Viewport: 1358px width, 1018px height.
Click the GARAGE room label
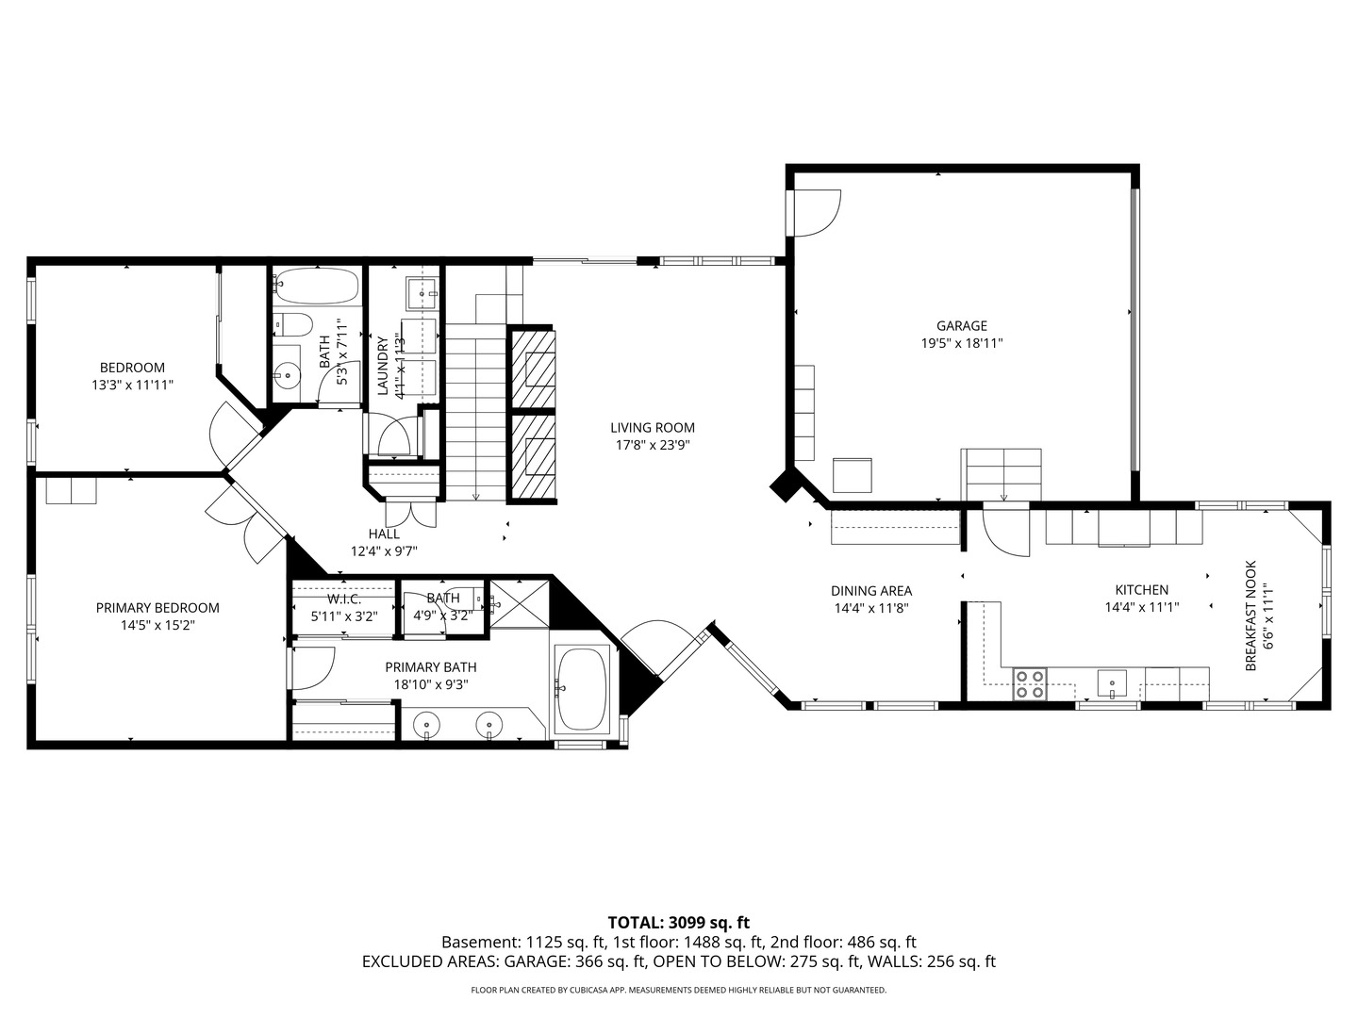coord(961,326)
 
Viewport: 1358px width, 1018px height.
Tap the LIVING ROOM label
coord(652,428)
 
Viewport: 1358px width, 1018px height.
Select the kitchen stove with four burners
coord(1029,683)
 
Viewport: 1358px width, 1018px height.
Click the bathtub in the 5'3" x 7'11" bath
coord(316,286)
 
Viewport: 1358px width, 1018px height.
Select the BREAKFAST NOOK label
coord(1250,616)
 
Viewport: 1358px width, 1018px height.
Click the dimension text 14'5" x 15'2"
coord(157,624)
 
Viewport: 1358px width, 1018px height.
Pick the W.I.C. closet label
coord(344,599)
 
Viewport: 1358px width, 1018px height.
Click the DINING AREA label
coord(870,591)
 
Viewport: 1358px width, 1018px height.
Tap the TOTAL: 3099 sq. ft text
coord(678,923)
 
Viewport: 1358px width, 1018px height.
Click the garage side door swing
coord(814,213)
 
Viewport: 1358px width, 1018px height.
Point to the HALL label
coord(384,534)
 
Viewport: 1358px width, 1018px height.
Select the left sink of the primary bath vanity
coord(428,725)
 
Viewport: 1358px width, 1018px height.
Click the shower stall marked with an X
coord(518,603)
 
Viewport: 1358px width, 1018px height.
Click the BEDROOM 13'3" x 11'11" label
coord(132,376)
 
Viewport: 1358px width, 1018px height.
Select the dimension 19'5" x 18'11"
coord(961,344)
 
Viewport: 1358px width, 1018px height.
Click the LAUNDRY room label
coord(383,366)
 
